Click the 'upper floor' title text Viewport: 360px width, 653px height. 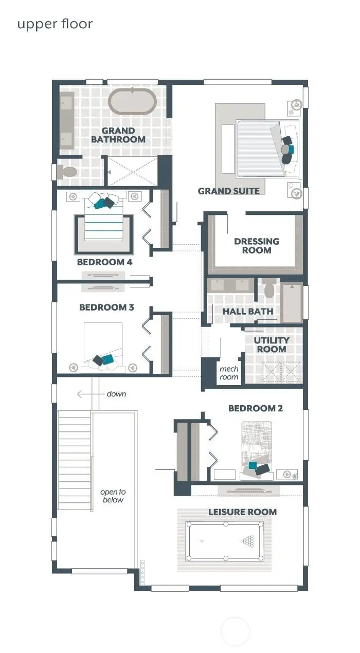coord(55,24)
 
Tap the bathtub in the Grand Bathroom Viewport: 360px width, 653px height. coord(132,102)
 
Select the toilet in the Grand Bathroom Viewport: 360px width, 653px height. coord(67,172)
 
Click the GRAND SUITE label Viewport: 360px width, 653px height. coord(228,191)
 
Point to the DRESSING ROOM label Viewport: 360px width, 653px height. coord(257,246)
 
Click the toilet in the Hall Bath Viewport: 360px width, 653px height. coord(269,290)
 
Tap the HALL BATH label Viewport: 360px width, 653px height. coord(247,312)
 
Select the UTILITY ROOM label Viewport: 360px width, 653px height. coord(272,344)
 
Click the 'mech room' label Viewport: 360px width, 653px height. coord(229,373)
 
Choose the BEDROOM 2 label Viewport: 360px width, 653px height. coord(255,408)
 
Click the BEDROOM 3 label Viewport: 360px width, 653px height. coord(106,307)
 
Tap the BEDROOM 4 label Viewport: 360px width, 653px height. coord(104,262)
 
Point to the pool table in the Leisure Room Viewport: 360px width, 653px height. coord(225,541)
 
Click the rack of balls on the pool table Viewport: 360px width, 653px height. coord(248,541)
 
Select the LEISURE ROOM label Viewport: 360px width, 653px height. coord(242,512)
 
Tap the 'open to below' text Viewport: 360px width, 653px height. coord(112,496)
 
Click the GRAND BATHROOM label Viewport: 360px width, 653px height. coord(118,135)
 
